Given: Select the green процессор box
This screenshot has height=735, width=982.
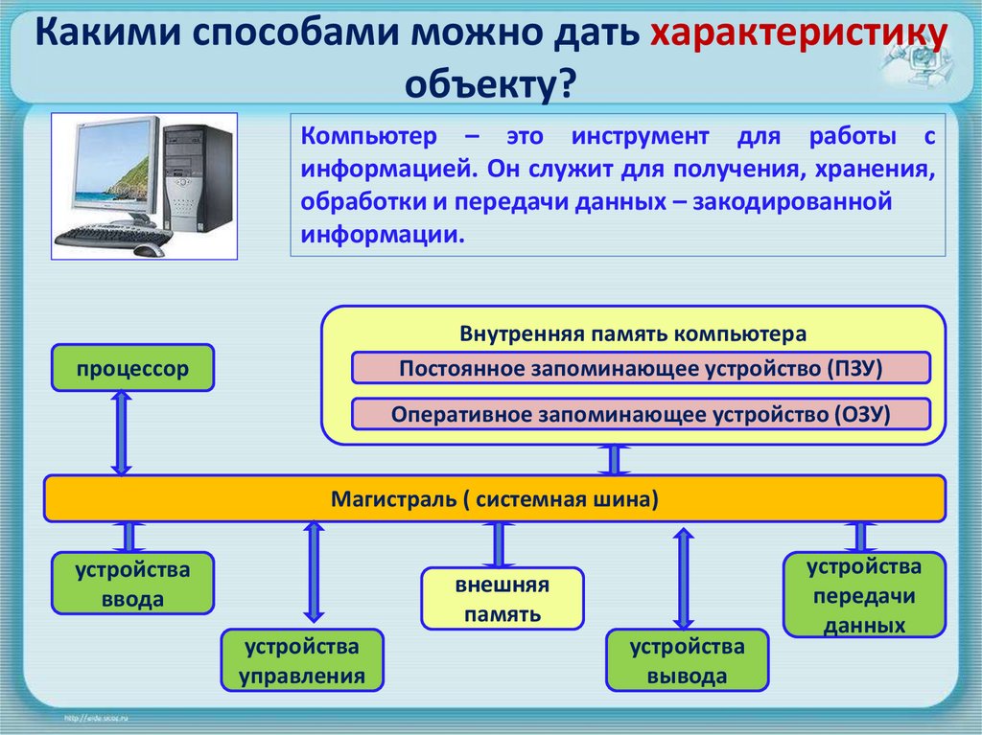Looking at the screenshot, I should click(133, 368).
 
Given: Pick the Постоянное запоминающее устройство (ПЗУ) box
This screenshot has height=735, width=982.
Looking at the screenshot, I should click(641, 368).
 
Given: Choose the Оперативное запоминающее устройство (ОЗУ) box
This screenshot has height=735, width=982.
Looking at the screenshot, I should click(641, 414).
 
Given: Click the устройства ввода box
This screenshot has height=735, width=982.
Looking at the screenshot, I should click(133, 584).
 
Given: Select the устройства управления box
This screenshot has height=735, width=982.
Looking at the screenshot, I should click(302, 660).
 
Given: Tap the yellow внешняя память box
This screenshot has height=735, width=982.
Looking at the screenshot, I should click(503, 598).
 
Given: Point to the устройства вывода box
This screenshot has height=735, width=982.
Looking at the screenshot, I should click(687, 660).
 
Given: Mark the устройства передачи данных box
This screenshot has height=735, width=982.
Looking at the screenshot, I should click(864, 594).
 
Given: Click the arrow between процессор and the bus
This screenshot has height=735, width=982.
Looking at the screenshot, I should click(121, 432).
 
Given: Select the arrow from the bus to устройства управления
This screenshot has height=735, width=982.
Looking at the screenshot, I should click(313, 570).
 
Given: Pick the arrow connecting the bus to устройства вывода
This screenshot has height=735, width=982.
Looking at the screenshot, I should click(683, 577).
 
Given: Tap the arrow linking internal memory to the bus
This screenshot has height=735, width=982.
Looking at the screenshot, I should click(615, 460).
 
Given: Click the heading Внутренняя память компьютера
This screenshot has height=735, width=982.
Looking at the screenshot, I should click(633, 334).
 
